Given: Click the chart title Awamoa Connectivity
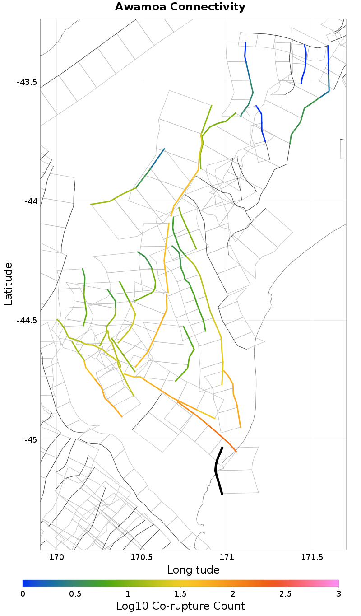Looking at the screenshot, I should pyautogui.click(x=180, y=7).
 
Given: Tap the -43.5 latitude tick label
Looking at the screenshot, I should pyautogui.click(x=27, y=82).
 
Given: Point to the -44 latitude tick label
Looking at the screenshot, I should pyautogui.click(x=31, y=201).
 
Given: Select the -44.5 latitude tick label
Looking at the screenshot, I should pyautogui.click(x=27, y=321).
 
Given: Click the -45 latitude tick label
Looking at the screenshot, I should pyautogui.click(x=31, y=439).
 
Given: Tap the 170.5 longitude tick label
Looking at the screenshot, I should pyautogui.click(x=142, y=557).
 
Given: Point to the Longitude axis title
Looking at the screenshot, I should pyautogui.click(x=193, y=570).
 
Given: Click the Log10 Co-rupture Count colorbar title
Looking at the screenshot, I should pyautogui.click(x=180, y=606).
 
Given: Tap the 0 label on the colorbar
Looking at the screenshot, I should pyautogui.click(x=23, y=593).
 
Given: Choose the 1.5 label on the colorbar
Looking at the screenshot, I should pyautogui.click(x=180, y=593).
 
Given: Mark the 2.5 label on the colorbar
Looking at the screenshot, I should pyautogui.click(x=286, y=593).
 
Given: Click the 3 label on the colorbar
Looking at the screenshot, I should pyautogui.click(x=338, y=593).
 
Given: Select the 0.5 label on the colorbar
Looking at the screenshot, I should pyautogui.click(x=75, y=593).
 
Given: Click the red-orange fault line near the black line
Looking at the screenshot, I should pyautogui.click(x=212, y=429).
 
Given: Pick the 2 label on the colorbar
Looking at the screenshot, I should pyautogui.click(x=233, y=593).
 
